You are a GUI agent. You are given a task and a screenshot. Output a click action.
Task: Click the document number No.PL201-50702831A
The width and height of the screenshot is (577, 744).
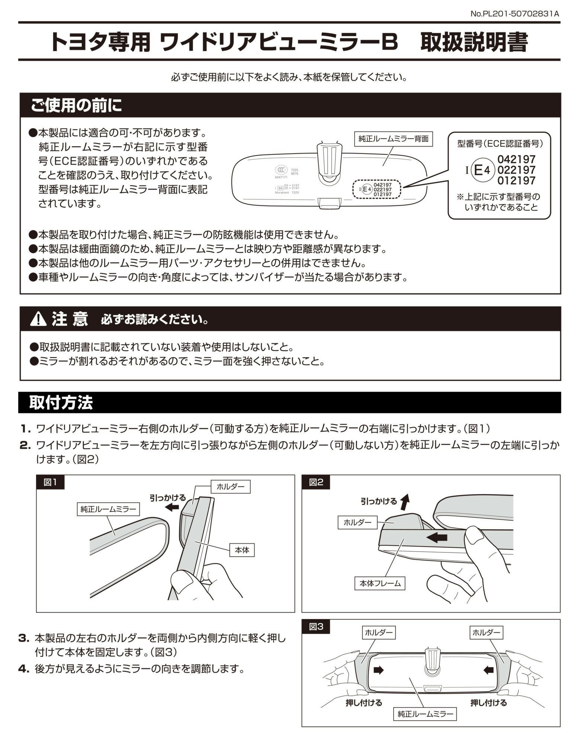point(515,14)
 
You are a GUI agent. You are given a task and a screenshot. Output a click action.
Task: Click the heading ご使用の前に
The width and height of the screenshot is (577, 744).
point(76,106)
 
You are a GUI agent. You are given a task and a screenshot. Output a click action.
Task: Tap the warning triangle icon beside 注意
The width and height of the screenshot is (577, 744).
point(38,319)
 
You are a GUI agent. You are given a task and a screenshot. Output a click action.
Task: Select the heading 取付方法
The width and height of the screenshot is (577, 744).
point(61,403)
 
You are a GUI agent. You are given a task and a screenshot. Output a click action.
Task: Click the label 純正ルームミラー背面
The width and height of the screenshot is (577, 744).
point(393,139)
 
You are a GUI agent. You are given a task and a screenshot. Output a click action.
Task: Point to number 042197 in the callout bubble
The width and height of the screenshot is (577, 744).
point(516,159)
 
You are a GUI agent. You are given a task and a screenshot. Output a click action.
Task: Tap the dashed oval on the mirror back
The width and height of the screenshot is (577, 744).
point(377,189)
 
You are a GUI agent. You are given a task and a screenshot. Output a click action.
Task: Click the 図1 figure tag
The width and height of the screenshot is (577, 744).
point(50,482)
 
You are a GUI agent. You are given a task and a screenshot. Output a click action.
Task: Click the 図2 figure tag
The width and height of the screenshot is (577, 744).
point(316,482)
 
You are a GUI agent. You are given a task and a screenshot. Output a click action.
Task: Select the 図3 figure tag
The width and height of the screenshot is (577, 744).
point(316,627)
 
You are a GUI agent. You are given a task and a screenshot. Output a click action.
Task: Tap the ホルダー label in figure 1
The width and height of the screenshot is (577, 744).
point(230,486)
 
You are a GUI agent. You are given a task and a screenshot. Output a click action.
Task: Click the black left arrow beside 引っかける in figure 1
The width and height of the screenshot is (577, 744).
point(172,507)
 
